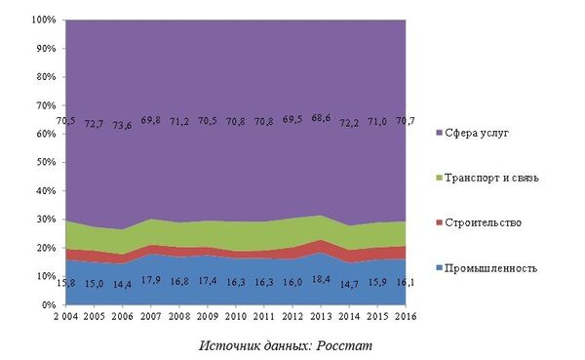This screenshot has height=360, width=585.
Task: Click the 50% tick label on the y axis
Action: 45,162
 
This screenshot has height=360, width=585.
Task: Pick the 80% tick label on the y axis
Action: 45,77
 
